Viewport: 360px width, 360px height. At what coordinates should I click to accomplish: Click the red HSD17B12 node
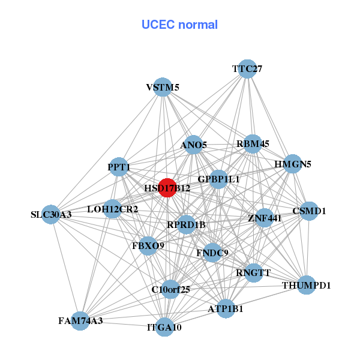pos(167,188)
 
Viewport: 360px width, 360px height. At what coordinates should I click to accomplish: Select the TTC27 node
pos(247,69)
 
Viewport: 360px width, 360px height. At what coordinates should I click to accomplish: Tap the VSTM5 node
pos(163,87)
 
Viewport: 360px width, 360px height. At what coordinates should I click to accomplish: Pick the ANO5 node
pos(193,145)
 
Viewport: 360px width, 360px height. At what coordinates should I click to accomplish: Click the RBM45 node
pos(253,143)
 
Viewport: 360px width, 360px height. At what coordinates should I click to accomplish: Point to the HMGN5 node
pos(292,164)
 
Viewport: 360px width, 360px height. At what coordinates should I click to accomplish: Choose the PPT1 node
pos(119,166)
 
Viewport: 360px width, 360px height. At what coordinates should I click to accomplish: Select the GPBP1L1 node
pos(218,179)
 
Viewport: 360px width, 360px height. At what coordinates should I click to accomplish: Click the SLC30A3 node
pos(51,214)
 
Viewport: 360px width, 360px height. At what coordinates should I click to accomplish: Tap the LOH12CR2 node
pos(113,209)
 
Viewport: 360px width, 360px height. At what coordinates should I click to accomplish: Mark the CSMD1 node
pos(309,211)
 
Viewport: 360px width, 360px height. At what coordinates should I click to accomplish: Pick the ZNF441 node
pos(265,218)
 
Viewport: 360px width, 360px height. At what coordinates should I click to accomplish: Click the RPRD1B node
pos(186,225)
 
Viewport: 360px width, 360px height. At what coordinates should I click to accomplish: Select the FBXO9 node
pos(148,245)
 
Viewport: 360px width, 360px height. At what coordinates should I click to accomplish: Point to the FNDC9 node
pos(212,253)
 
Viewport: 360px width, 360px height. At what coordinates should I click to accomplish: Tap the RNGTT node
pos(254,272)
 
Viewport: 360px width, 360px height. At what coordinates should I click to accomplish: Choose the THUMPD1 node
pos(307,285)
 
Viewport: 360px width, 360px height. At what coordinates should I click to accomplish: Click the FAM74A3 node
pos(80,320)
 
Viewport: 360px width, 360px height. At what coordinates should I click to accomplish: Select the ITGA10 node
pos(164,327)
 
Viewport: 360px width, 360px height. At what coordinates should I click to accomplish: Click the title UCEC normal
pos(179,25)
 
